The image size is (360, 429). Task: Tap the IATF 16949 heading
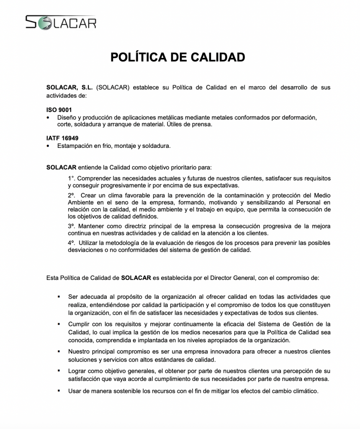pos(62,138)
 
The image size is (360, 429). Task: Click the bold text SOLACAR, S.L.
pos(69,88)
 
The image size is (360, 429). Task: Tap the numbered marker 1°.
pos(72,178)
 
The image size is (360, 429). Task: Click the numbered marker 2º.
pos(72,195)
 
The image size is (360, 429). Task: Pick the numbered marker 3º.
pos(72,226)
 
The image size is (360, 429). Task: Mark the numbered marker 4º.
pos(72,243)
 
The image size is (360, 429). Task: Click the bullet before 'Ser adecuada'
pos(59,297)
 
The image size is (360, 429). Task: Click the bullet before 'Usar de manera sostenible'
pos(59,391)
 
